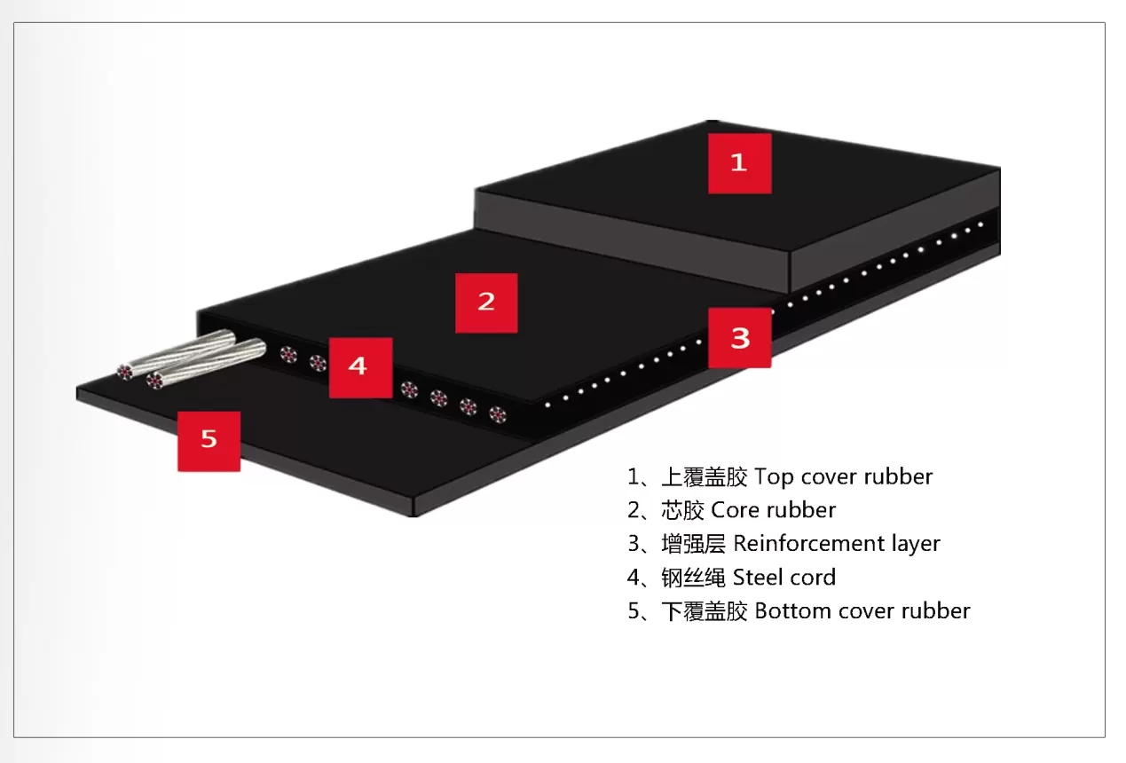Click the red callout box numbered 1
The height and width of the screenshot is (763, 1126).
click(x=739, y=162)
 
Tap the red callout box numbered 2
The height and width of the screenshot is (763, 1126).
click(x=486, y=303)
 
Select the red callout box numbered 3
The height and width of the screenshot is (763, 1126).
click(x=740, y=337)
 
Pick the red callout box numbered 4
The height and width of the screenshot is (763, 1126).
click(x=360, y=367)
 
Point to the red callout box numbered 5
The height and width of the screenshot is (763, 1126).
click(x=209, y=441)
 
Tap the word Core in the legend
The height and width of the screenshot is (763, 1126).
click(x=735, y=511)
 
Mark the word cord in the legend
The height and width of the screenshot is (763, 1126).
click(x=812, y=578)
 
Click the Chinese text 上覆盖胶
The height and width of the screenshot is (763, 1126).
click(x=705, y=477)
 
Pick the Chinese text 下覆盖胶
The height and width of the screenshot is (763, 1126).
click(x=705, y=611)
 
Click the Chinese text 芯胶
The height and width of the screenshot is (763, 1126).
click(x=682, y=511)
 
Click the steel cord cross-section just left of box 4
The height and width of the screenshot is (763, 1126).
click(x=317, y=362)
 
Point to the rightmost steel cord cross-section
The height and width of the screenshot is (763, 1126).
click(x=497, y=413)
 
